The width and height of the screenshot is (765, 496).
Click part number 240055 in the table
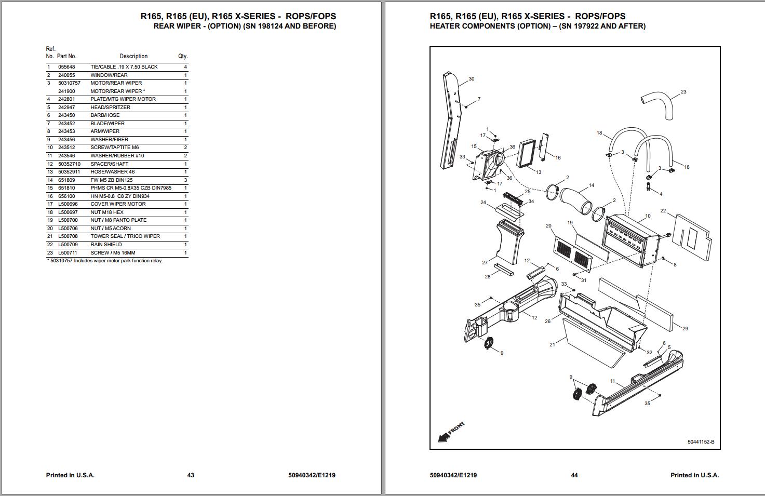pos(66,75)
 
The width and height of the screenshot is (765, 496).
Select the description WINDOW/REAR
pos(109,75)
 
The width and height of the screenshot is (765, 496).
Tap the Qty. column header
pos(183,56)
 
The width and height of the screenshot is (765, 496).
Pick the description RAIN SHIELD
pos(106,245)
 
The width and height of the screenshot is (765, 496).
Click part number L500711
pos(68,253)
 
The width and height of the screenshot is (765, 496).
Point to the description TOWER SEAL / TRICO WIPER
pos(125,236)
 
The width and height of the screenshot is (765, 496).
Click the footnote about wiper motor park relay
pos(104,261)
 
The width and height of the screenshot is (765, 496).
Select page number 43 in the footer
pos(191,475)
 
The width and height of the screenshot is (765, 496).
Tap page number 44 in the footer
pos(574,475)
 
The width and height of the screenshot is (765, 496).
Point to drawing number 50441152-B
pos(701,443)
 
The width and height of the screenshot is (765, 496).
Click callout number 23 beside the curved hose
pos(683,92)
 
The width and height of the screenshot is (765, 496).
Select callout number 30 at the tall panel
pos(471,79)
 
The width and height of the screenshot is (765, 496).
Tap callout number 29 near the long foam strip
pos(685,329)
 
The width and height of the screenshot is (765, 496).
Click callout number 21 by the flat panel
pos(552,344)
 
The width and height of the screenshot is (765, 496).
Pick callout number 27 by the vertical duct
pos(485,263)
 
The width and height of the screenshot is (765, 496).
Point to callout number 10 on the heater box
pos(648,216)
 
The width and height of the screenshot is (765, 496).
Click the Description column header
pos(133,56)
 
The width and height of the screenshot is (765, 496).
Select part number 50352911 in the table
pos(69,172)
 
